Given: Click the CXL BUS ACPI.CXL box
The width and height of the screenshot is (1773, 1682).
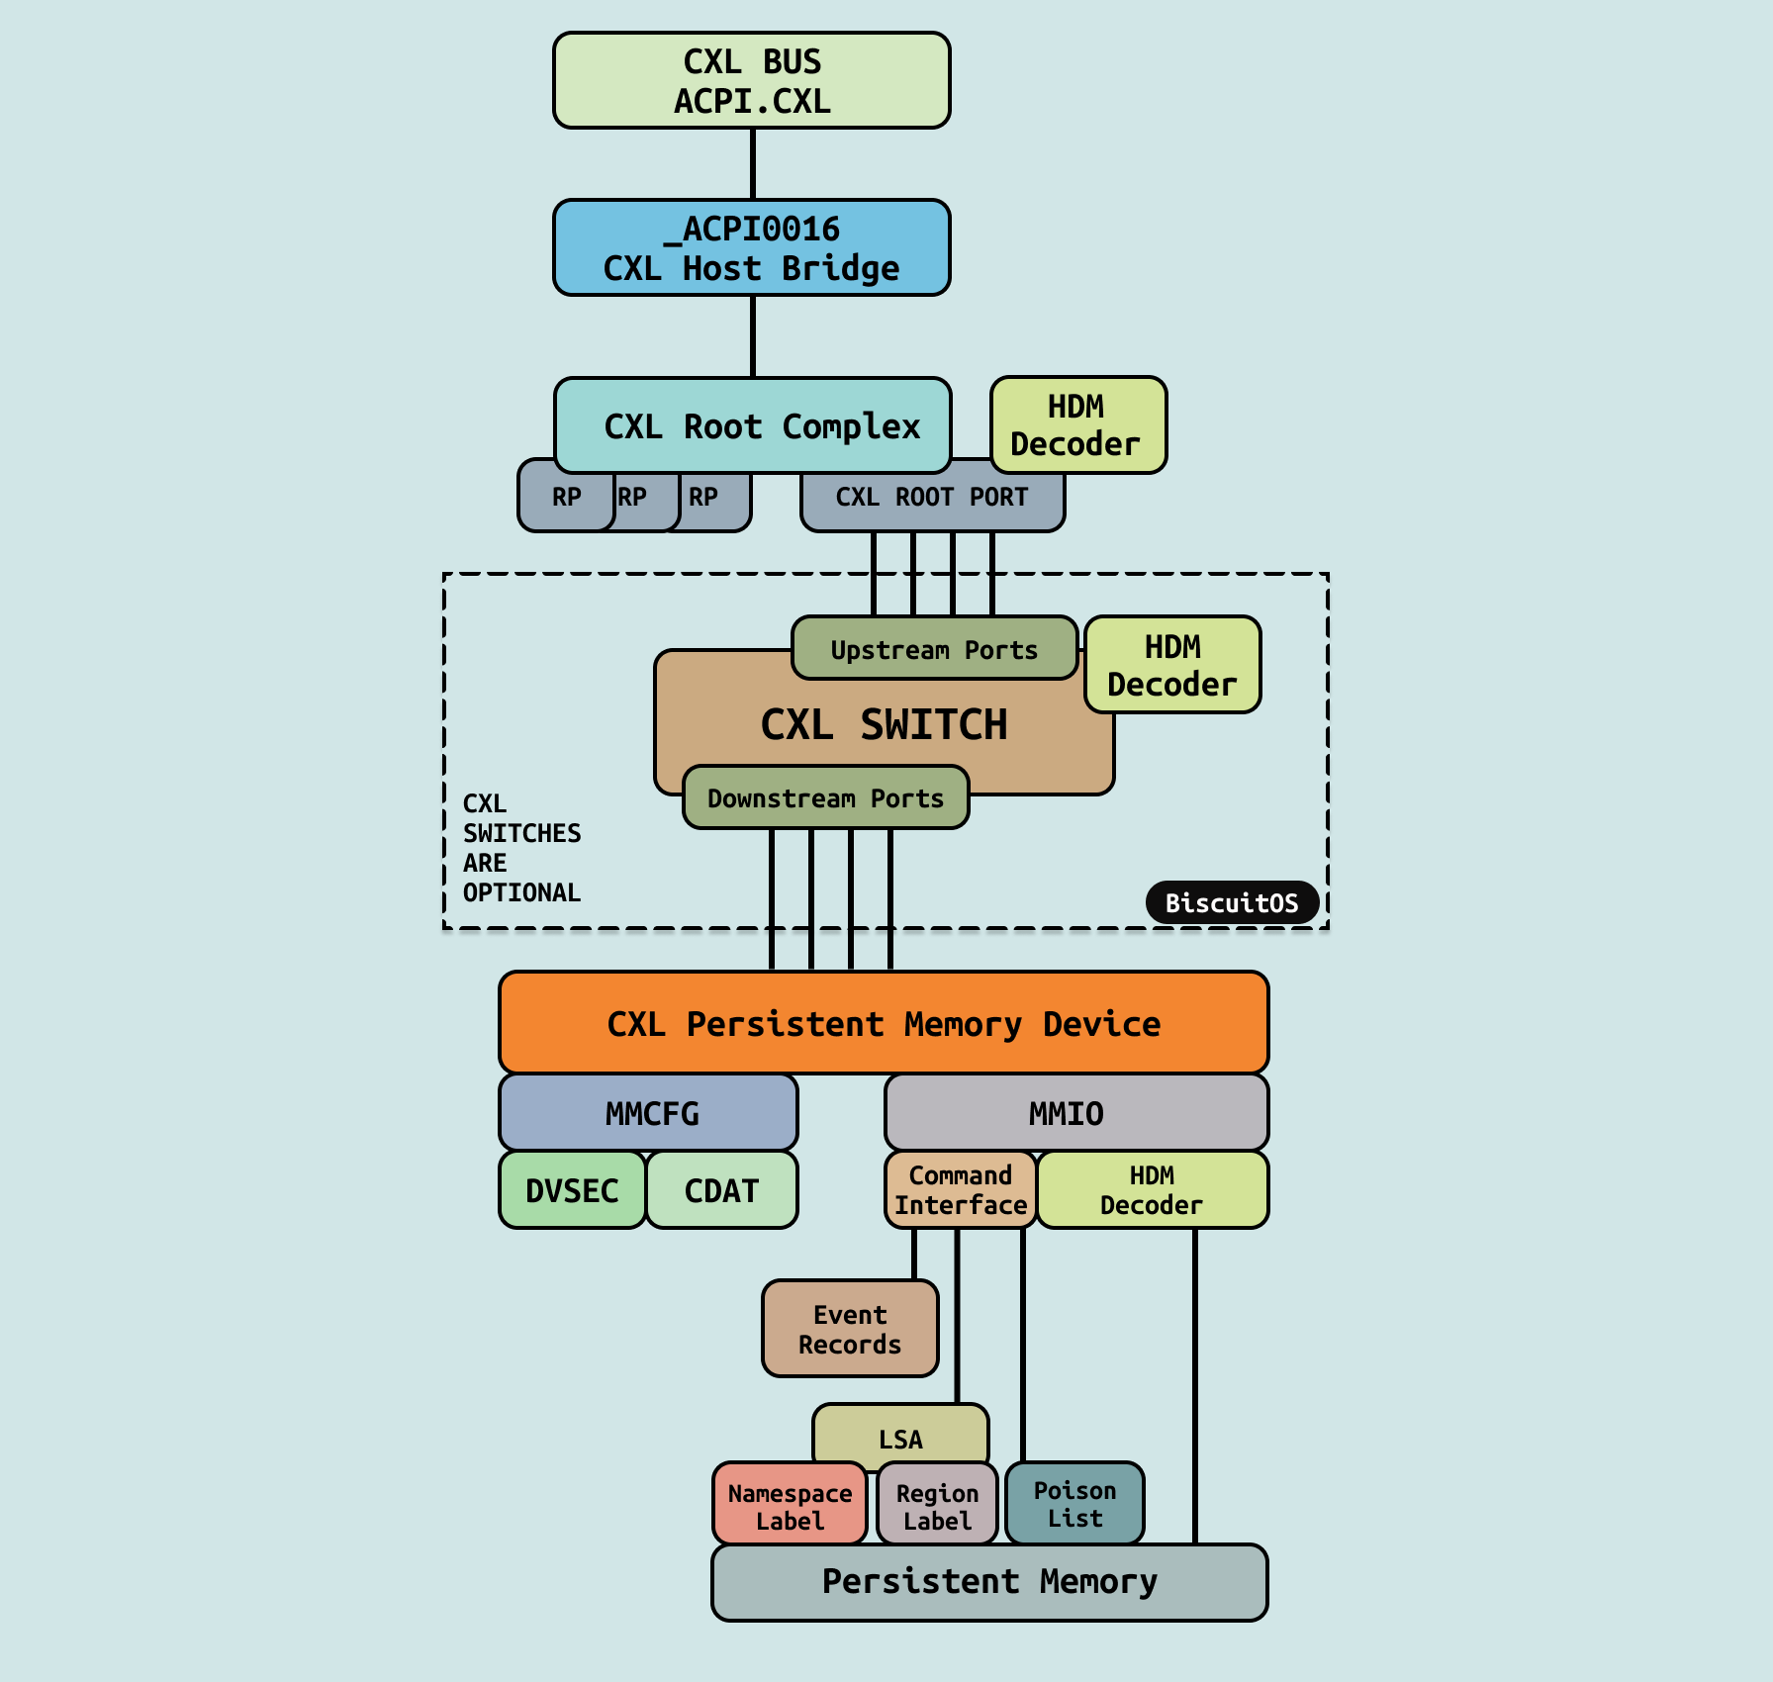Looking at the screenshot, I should [751, 80].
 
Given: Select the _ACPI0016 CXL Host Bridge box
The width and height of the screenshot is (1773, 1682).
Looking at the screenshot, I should [751, 247].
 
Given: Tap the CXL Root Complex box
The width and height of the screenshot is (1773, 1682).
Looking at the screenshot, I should [752, 425].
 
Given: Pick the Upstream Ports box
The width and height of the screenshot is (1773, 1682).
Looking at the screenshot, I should [934, 649].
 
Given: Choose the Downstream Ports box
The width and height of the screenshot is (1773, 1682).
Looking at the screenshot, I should [825, 797].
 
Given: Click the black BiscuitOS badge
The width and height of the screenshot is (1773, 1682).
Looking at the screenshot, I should [1231, 902].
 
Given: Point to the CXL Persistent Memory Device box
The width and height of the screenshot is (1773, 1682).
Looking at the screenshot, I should [883, 1023].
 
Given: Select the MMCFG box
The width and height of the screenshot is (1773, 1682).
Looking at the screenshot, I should [648, 1113].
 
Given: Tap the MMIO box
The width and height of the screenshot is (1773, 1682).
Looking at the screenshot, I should [1075, 1113].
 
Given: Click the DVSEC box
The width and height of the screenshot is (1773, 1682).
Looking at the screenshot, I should [572, 1190].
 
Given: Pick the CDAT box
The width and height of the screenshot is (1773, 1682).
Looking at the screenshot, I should [721, 1190].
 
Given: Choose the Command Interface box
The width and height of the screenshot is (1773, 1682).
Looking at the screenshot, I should [960, 1189].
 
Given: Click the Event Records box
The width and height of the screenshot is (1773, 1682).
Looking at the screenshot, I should [849, 1329].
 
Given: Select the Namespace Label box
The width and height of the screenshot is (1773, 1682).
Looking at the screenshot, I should [789, 1504].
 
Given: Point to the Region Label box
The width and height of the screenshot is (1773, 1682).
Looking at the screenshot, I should [936, 1505].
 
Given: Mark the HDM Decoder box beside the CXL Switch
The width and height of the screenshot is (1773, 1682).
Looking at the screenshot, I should [1172, 665].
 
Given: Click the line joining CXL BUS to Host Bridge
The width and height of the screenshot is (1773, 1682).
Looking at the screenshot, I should [752, 164].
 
